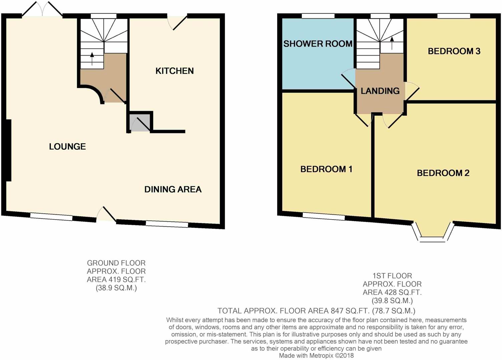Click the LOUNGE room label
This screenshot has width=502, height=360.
tap(67, 146)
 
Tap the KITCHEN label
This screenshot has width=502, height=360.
tap(174, 71)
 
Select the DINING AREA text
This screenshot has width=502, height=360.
tap(173, 189)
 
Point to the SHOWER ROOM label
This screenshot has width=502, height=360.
tap(318, 44)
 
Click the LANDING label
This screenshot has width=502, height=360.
tap(380, 91)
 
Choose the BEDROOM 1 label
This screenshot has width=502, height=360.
tap(326, 169)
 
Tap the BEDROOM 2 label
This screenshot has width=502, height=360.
tap(443, 173)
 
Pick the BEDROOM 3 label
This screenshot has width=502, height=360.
tap(454, 51)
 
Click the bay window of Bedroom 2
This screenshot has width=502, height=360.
tap(433, 233)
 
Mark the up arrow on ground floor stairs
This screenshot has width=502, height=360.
tap(92, 59)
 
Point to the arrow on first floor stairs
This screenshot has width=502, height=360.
tap(392, 43)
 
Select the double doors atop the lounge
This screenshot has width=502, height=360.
tap(42, 9)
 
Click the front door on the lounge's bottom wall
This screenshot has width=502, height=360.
tap(106, 215)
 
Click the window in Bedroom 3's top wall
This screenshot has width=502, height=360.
tap(454, 16)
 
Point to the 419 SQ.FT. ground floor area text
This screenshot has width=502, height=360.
tap(116, 279)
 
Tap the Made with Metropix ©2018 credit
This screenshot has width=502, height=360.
tap(316, 356)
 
